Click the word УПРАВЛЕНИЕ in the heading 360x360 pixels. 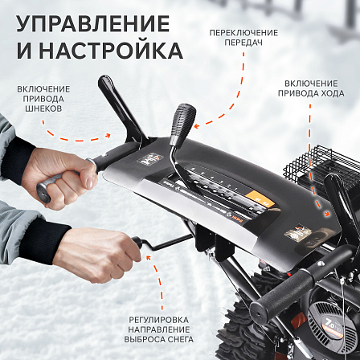pyautogui.click(x=92, y=24)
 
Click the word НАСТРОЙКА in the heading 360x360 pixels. pyautogui.click(x=111, y=51)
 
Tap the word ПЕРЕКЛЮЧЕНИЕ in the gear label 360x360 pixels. pyautogui.click(x=243, y=33)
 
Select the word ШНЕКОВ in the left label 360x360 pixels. pyautogui.click(x=43, y=108)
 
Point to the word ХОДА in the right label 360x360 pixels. pyautogui.click(x=332, y=93)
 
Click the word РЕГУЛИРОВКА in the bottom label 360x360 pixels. pyautogui.click(x=158, y=320)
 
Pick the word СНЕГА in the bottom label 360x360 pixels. pyautogui.click(x=177, y=339)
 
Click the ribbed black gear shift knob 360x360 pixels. pyautogui.click(x=183, y=124)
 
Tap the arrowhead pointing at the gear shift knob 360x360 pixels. pyautogui.click(x=196, y=125)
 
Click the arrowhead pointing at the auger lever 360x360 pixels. pyautogui.click(x=108, y=136)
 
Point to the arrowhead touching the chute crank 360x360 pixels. pyautogui.click(x=148, y=258)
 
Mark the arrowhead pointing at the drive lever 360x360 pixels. pyautogui.click(x=327, y=214)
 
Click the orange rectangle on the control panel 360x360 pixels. pyautogui.click(x=260, y=199)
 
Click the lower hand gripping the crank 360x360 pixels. pyautogui.click(x=97, y=255)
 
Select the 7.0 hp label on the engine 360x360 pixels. pyautogui.click(x=333, y=327)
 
